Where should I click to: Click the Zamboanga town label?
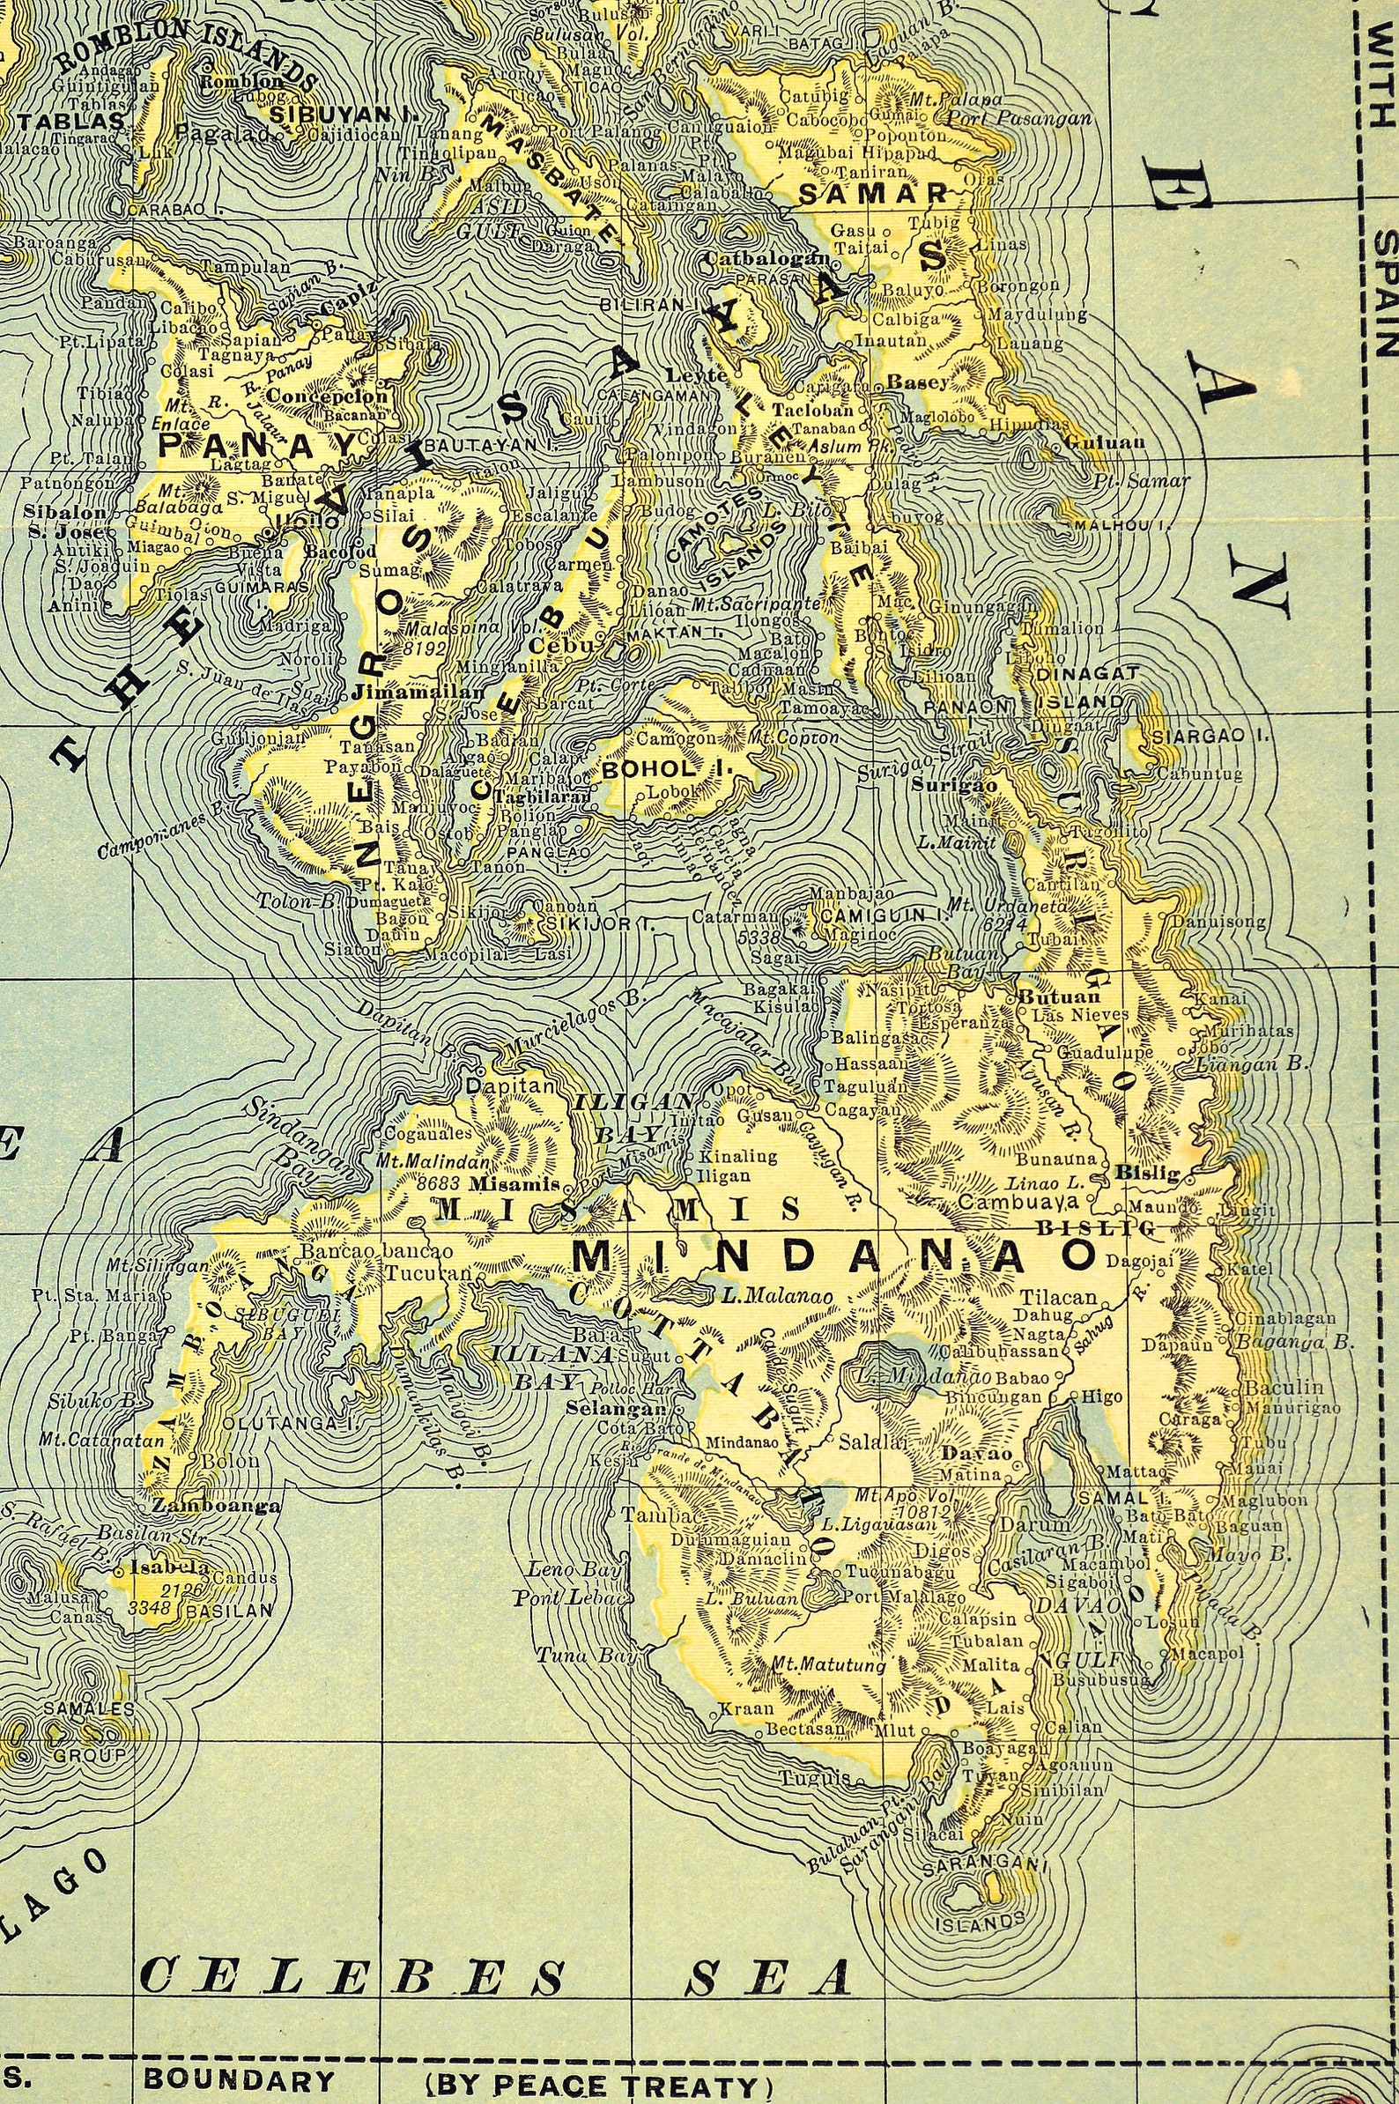tap(217, 1505)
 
